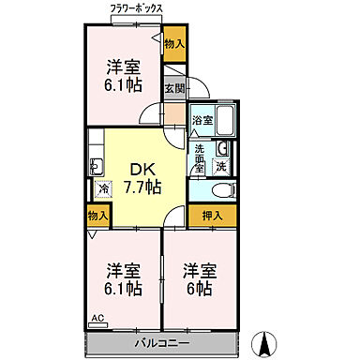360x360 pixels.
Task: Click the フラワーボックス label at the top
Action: pyautogui.click(x=136, y=8)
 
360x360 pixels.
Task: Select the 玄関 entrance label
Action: pyautogui.click(x=174, y=90)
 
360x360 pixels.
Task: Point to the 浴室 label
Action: pyautogui.click(x=202, y=120)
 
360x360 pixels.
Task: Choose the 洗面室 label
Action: pyautogui.click(x=200, y=155)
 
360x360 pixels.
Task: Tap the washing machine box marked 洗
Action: pyautogui.click(x=220, y=166)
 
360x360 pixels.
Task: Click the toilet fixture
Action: pyautogui.click(x=218, y=191)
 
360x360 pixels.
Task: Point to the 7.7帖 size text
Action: pyautogui.click(x=141, y=187)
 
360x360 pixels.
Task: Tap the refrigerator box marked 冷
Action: pyautogui.click(x=103, y=188)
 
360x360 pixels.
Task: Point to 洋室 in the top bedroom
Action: pyautogui.click(x=123, y=67)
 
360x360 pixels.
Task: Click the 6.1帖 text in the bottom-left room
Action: pyautogui.click(x=123, y=288)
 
